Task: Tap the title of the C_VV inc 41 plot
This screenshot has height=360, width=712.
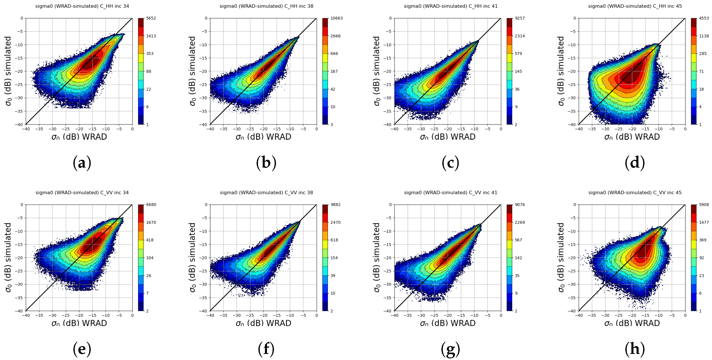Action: (x=450, y=193)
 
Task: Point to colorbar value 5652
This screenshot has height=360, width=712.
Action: (x=151, y=18)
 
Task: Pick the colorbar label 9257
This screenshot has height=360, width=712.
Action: (x=520, y=18)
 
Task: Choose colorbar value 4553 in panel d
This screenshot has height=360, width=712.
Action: (x=704, y=18)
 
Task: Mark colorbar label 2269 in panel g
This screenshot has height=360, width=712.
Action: (x=520, y=222)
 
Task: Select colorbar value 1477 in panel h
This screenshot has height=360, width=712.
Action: (x=704, y=222)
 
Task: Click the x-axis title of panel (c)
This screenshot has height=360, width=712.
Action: (x=448, y=137)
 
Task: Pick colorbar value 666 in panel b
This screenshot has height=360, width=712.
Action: (x=334, y=54)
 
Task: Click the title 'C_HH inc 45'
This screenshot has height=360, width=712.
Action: (x=635, y=6)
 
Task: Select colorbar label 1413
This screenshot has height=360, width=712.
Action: (x=151, y=36)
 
